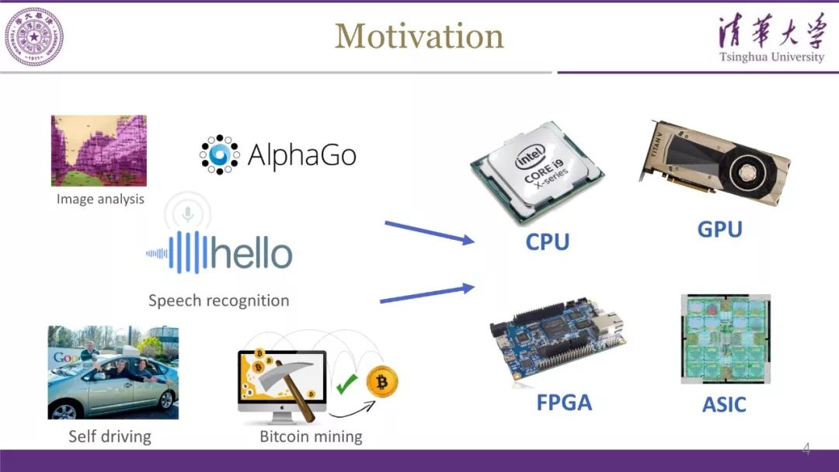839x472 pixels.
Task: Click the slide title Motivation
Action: click(419, 36)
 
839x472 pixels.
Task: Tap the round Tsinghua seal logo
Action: click(33, 36)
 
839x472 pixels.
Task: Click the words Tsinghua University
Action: click(771, 57)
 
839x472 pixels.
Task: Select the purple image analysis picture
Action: click(99, 151)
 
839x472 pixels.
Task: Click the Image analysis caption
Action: click(100, 200)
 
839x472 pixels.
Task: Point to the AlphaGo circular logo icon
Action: click(219, 154)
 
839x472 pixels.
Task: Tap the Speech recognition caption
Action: click(218, 300)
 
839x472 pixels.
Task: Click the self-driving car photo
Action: click(113, 372)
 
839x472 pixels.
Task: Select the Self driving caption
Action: click(109, 436)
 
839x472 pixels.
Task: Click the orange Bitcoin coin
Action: click(382, 382)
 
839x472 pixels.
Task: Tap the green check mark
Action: click(346, 382)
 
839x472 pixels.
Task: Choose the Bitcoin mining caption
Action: click(311, 436)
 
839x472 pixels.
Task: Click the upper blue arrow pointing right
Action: click(429, 233)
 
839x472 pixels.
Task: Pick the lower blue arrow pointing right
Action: click(426, 293)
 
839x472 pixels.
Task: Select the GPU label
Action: click(719, 229)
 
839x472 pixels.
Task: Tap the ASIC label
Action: click(724, 404)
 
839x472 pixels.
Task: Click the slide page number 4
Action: click(806, 449)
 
